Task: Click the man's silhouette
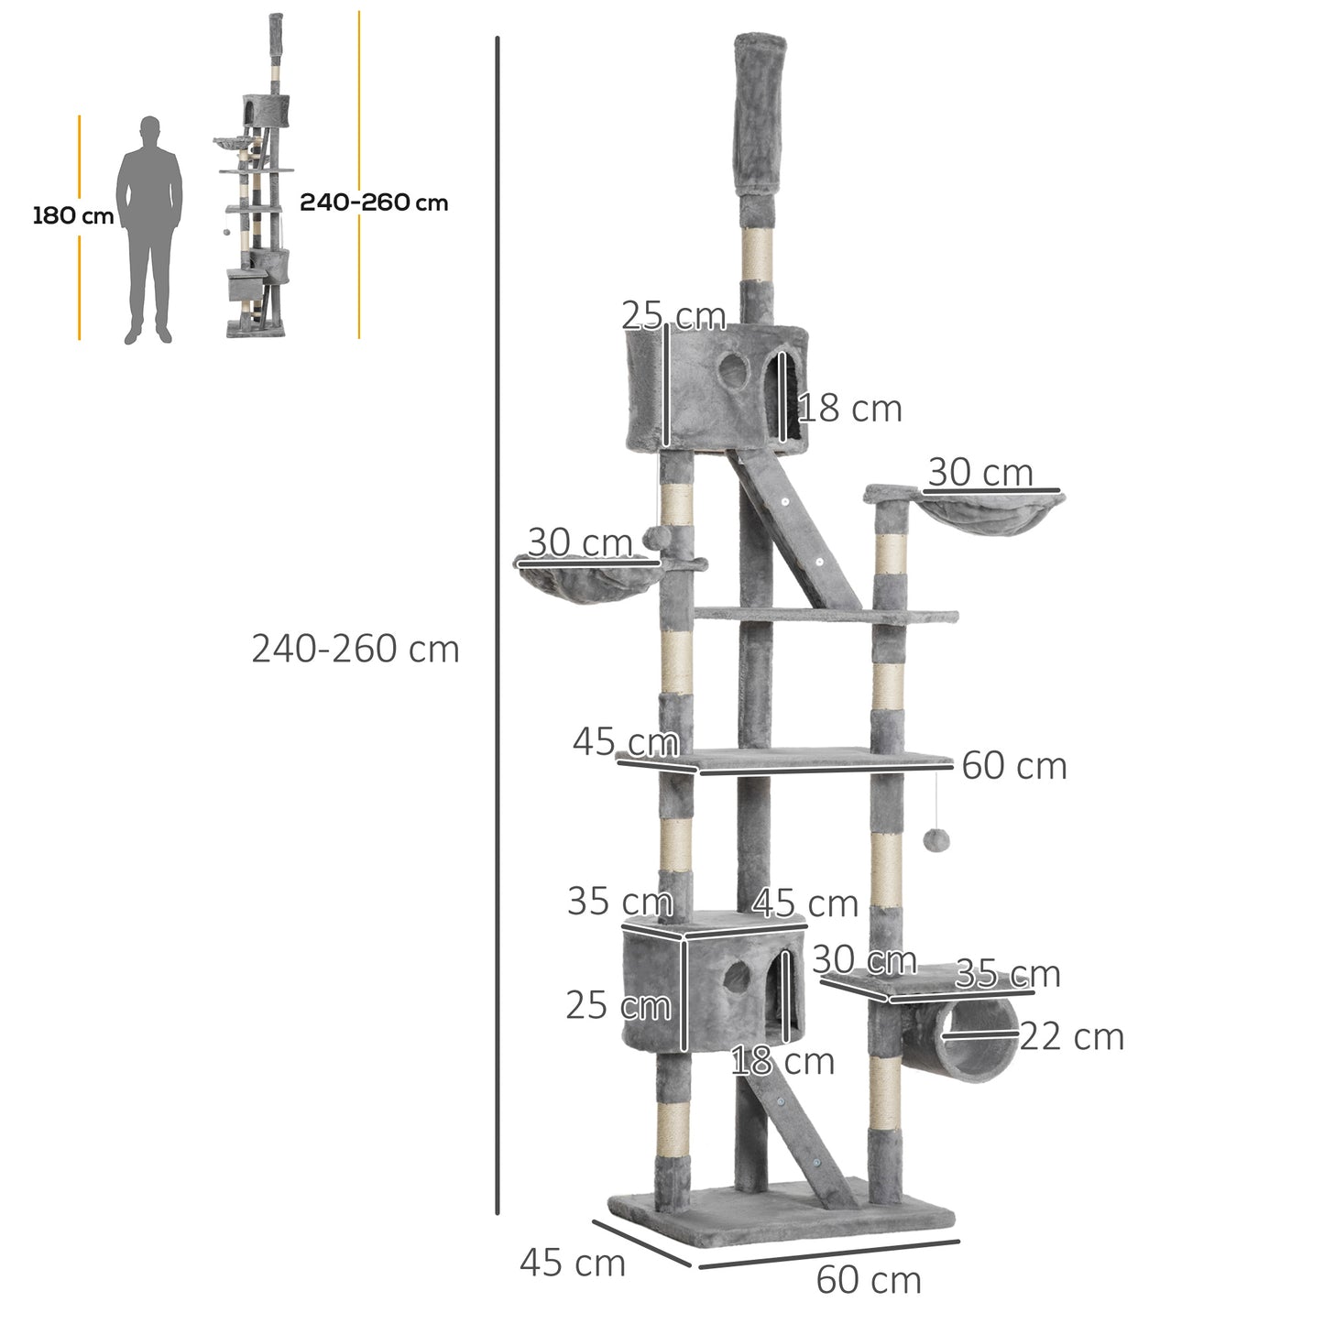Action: click(149, 229)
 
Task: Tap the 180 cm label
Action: click(72, 217)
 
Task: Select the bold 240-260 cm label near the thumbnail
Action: click(374, 202)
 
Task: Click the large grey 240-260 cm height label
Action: click(356, 650)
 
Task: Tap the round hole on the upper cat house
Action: click(732, 371)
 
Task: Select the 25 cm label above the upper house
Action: click(673, 316)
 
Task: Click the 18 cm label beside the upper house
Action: click(850, 409)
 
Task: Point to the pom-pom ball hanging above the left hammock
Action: click(654, 538)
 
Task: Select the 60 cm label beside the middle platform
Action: click(1014, 766)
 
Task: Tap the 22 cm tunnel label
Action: click(1071, 1037)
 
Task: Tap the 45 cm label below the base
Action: click(573, 1263)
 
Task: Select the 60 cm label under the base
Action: click(869, 1281)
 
